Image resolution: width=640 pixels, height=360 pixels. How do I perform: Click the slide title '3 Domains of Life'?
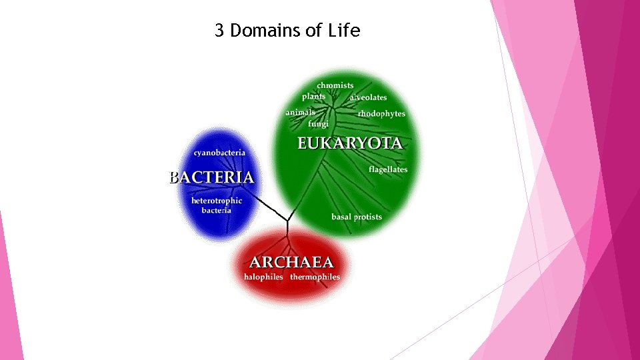(x=287, y=30)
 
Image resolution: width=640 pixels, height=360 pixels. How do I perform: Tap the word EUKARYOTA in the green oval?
(x=349, y=143)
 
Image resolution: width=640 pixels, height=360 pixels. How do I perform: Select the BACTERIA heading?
(x=211, y=177)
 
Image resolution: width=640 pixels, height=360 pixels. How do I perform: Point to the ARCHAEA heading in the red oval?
(x=291, y=262)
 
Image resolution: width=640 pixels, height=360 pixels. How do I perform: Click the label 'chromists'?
(x=335, y=85)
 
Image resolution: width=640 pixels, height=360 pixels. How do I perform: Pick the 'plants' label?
(x=313, y=97)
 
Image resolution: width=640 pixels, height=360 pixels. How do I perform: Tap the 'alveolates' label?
(x=368, y=97)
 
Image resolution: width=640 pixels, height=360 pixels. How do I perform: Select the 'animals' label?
(x=301, y=113)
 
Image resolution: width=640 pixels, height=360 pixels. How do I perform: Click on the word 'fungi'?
(x=318, y=123)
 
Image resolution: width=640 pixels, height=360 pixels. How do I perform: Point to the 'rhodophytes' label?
(x=381, y=114)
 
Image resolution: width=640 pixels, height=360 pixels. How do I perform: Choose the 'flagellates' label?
(x=388, y=169)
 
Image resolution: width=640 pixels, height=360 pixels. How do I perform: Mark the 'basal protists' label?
(x=357, y=217)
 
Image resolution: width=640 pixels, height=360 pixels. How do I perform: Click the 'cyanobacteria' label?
(x=219, y=153)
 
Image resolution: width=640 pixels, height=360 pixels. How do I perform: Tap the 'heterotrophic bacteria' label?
(x=217, y=205)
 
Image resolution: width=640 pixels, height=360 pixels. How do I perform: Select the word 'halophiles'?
(x=263, y=277)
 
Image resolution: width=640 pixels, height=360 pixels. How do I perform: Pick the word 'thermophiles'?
(x=315, y=277)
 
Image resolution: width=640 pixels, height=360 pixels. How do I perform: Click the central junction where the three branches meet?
(x=287, y=221)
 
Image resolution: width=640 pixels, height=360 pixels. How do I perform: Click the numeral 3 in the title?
(x=219, y=30)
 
